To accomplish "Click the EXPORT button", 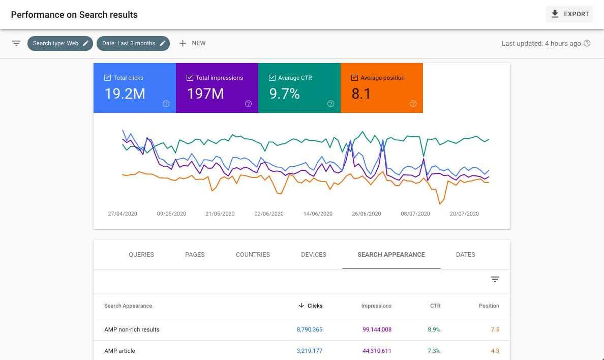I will [x=569, y=14].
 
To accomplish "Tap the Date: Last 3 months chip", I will [x=133, y=43].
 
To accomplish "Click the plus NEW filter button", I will [x=192, y=43].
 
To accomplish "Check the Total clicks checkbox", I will [x=107, y=78].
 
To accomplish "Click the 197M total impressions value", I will [x=205, y=94].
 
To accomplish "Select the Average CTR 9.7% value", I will [x=285, y=94].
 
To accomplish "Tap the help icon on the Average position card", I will [x=413, y=104].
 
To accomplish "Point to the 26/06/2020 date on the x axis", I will [x=367, y=214].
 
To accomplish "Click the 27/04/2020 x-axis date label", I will [x=123, y=214].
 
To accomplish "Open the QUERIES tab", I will [x=141, y=255].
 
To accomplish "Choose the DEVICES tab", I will [x=314, y=255].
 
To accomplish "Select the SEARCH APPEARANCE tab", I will [x=391, y=255].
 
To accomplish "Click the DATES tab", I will [x=465, y=255].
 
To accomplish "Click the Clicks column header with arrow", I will [x=311, y=306].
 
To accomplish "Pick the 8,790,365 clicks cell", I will [x=310, y=329].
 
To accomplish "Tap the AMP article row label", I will [x=119, y=351].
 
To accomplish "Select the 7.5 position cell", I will [x=495, y=329].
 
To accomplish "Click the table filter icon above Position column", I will [x=495, y=279].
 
